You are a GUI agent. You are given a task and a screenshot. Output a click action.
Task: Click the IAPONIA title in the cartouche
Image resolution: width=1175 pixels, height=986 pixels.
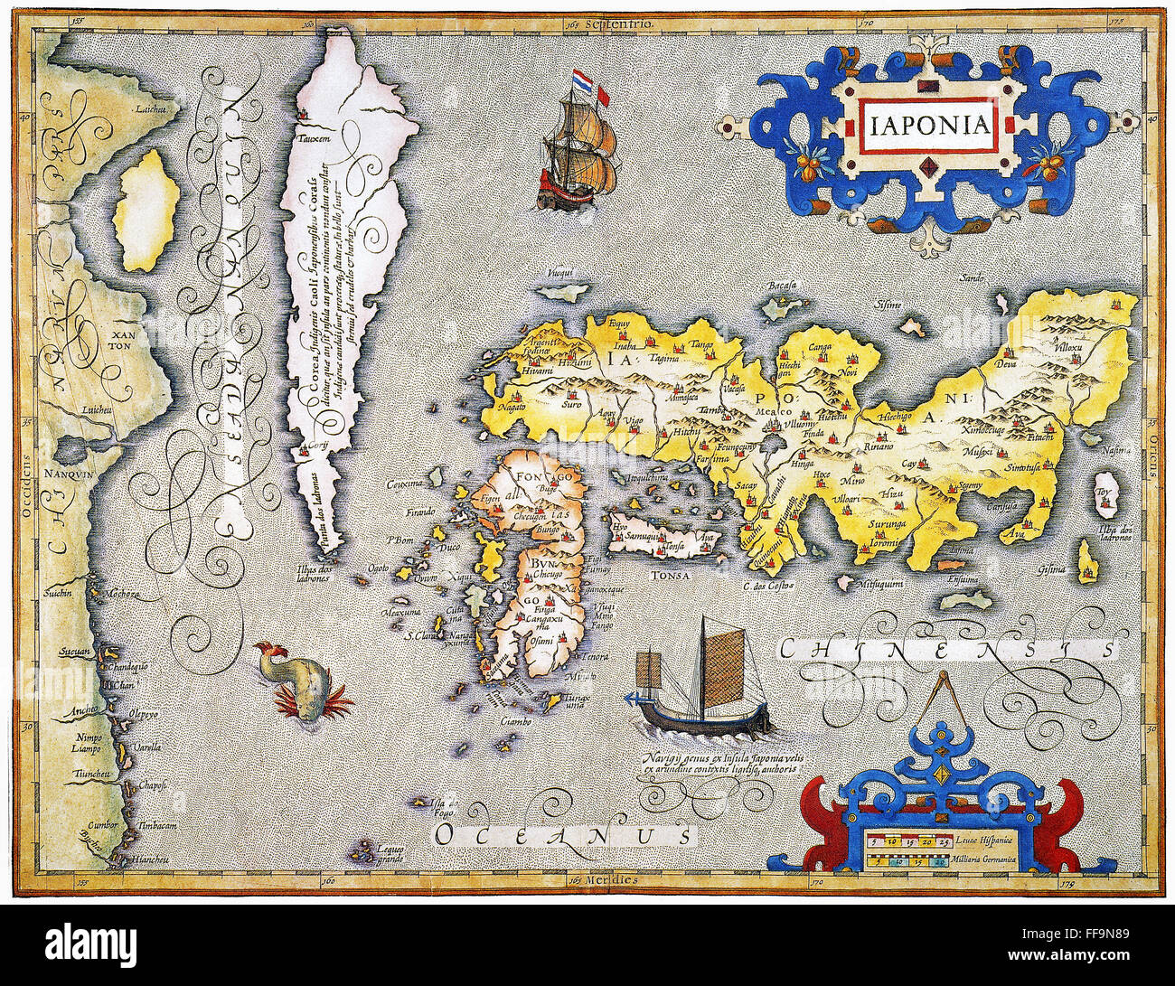pyautogui.click(x=927, y=122)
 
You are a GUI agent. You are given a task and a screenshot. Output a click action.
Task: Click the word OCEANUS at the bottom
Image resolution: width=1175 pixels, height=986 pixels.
pyautogui.click(x=565, y=832)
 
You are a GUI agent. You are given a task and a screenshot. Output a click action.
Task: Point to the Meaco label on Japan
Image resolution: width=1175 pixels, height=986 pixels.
pyautogui.click(x=769, y=408)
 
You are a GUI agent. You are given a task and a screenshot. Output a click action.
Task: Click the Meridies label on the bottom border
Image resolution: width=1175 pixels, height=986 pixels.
pyautogui.click(x=608, y=878)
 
